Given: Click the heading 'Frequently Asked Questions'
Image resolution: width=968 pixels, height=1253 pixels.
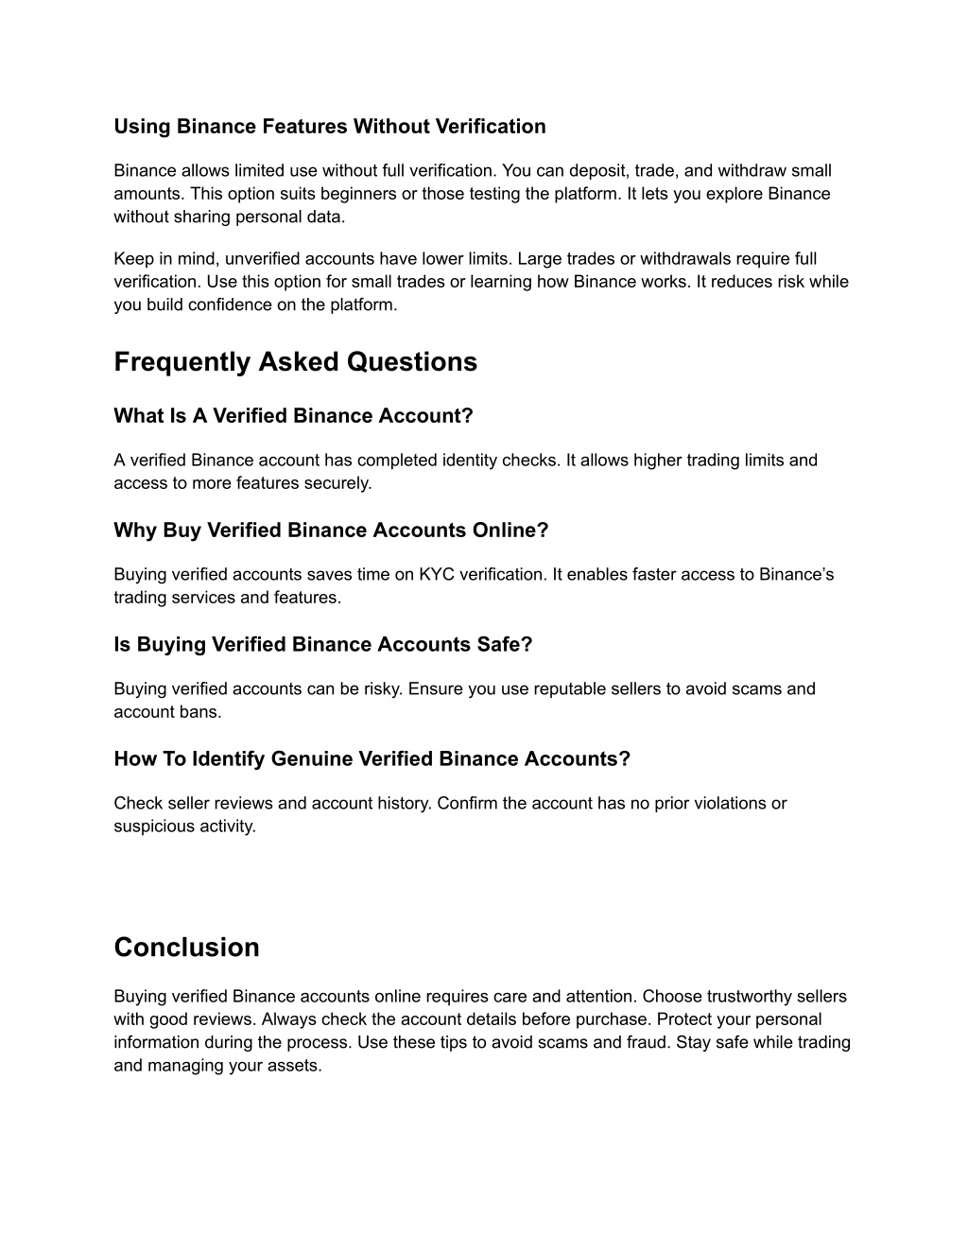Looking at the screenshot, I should (x=295, y=362).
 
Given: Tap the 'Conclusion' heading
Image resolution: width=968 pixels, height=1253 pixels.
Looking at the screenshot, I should (x=186, y=948).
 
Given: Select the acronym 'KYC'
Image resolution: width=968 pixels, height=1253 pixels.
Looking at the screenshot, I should (x=435, y=574).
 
